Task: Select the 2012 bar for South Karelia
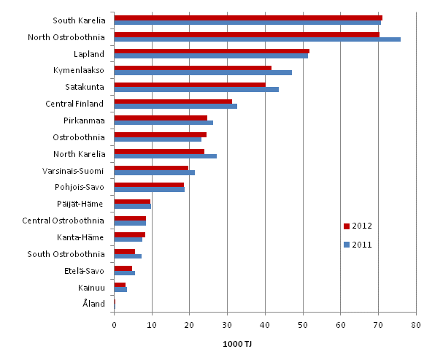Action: click(248, 18)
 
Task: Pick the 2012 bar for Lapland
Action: click(212, 51)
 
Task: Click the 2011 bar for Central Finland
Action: click(176, 106)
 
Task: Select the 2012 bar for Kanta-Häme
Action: click(130, 234)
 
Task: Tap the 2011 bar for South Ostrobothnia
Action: click(128, 256)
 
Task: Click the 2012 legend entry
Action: click(358, 225)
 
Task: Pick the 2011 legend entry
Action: click(358, 245)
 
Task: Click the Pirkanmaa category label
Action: click(85, 120)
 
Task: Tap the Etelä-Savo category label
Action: click(85, 270)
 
